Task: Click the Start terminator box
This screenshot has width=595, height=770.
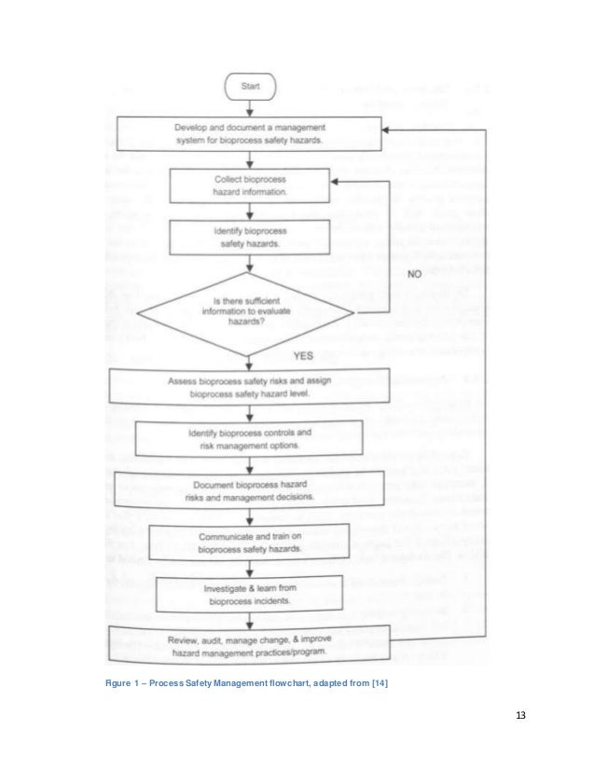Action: pos(249,88)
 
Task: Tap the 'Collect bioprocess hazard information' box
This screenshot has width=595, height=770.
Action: pos(249,185)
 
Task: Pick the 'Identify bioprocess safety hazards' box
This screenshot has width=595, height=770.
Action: pos(249,237)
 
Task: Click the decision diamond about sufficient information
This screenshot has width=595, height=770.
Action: pos(249,312)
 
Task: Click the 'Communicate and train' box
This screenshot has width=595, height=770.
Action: pos(249,543)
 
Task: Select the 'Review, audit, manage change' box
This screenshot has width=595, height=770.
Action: pos(251,646)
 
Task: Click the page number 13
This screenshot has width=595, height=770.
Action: pos(520,716)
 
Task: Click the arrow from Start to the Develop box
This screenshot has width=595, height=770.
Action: pos(249,107)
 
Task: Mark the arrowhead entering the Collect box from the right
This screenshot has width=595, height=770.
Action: pos(336,184)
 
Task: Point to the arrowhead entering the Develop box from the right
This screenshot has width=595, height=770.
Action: pos(388,131)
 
